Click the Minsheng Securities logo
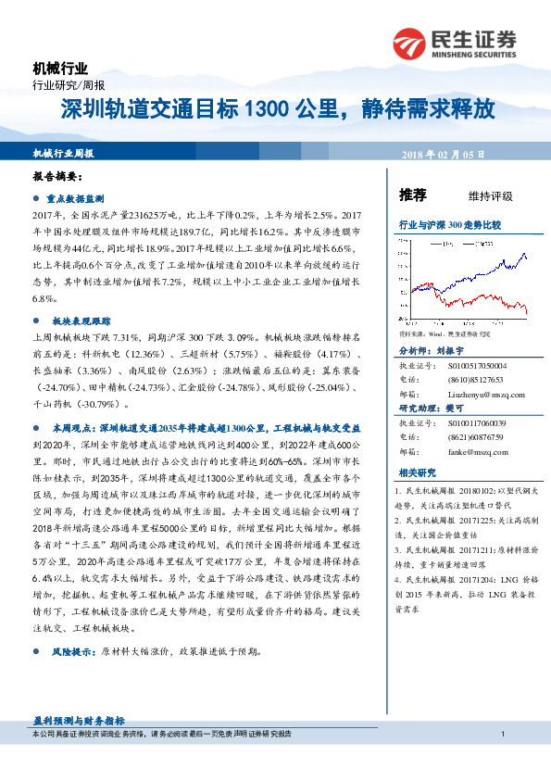454,42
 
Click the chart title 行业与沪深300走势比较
449,224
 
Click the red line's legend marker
437,244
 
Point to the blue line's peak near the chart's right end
525,253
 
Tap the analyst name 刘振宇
456,352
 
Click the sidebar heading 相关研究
416,472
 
